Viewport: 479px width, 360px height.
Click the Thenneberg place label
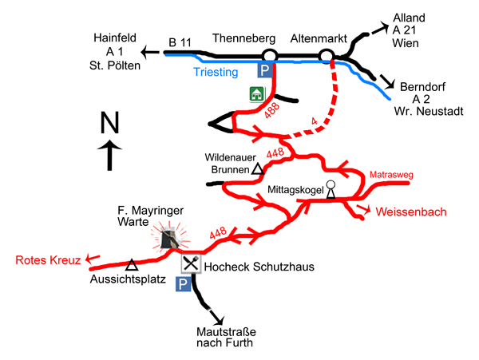243,38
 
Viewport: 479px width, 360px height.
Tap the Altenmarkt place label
323,38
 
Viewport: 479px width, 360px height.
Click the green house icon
256,94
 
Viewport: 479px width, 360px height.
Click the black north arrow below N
109,155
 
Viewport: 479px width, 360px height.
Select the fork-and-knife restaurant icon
190,263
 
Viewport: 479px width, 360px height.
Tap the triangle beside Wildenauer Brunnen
257,169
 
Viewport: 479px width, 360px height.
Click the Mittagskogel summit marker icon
331,188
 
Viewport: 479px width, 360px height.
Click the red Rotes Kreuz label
43,260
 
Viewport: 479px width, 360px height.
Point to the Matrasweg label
390,174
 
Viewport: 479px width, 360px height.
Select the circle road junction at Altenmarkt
327,55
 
